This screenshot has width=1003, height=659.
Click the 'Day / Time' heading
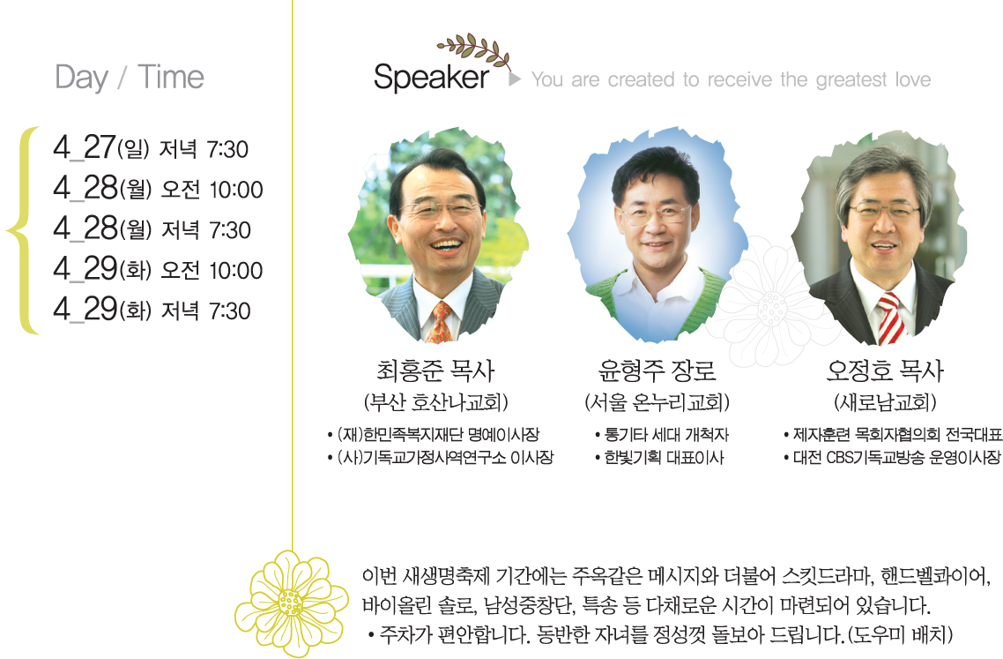[130, 78]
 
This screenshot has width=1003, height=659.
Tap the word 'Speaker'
[431, 78]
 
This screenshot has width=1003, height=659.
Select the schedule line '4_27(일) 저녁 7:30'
[151, 147]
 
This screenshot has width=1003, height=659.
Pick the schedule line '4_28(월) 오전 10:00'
[158, 188]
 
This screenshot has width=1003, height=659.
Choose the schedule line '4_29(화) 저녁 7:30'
[152, 309]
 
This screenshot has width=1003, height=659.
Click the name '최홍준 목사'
[435, 371]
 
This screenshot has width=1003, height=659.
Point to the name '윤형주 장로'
[657, 371]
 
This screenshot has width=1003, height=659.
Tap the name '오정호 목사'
[885, 371]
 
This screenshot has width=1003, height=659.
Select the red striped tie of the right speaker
[890, 318]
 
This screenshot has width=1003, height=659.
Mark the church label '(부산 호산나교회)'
[435, 402]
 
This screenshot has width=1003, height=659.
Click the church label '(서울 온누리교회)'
[657, 402]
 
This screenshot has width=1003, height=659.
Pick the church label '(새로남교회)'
[885, 402]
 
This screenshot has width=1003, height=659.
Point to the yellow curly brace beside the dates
[23, 230]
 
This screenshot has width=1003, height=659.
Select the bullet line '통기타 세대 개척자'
[662, 435]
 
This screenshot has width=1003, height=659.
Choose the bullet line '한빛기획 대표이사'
[659, 458]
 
